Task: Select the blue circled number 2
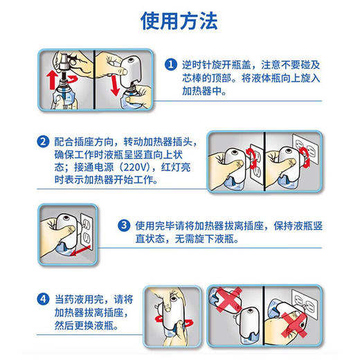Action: click(x=44, y=141)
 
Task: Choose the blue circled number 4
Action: click(x=44, y=299)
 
